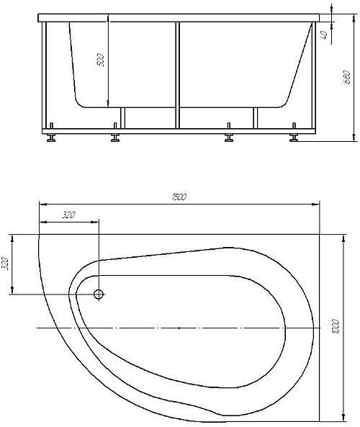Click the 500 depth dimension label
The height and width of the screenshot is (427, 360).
(x=101, y=60)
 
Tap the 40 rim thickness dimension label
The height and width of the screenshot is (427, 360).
(x=324, y=35)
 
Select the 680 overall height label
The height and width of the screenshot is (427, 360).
(x=347, y=77)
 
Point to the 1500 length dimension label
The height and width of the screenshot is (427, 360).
(x=179, y=197)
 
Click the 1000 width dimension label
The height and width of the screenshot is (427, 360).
(x=336, y=327)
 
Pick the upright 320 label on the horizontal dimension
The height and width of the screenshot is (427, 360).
(x=68, y=215)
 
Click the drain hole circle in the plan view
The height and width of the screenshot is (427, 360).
(x=99, y=294)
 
